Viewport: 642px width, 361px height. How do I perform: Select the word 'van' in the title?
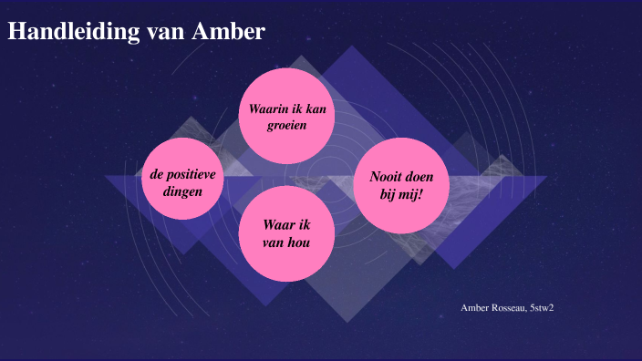(x=167, y=32)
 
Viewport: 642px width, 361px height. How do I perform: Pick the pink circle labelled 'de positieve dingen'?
(x=184, y=180)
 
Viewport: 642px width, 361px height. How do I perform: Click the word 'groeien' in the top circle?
(x=286, y=125)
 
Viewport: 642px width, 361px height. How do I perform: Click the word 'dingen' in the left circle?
(x=184, y=191)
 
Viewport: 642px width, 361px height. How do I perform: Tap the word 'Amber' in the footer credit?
(x=475, y=308)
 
